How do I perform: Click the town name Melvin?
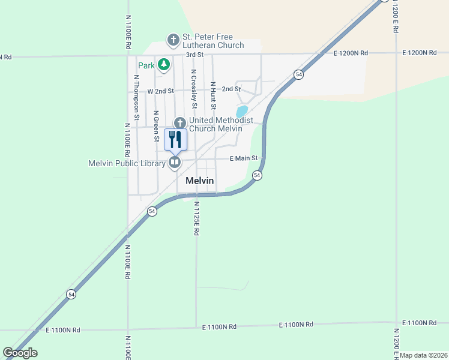pyautogui.click(x=200, y=181)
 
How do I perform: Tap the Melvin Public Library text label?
pyautogui.click(x=127, y=163)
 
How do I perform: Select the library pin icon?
pyautogui.click(x=175, y=162)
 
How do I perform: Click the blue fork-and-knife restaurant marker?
pyautogui.click(x=175, y=140)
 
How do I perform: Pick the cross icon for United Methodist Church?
pyautogui.click(x=178, y=123)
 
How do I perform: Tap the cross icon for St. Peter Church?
pyautogui.click(x=173, y=41)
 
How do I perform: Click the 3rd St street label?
pyautogui.click(x=194, y=55)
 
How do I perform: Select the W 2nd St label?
pyautogui.click(x=160, y=91)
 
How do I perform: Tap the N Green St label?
pyautogui.click(x=156, y=126)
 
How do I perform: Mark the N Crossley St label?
pyautogui.click(x=193, y=88)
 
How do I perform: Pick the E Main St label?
pyautogui.click(x=244, y=158)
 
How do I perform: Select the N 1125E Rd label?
pyautogui.click(x=196, y=217)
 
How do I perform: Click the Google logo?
pyautogui.click(x=20, y=353)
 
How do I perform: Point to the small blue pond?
pyautogui.click(x=242, y=112)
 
